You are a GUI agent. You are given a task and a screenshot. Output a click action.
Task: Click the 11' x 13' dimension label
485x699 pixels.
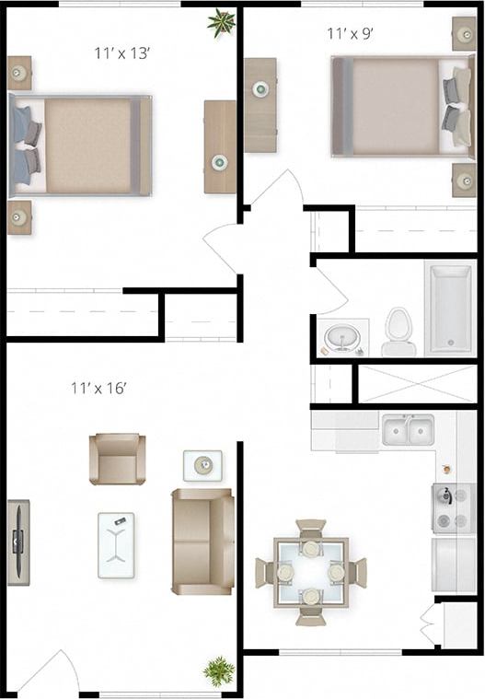[121, 52]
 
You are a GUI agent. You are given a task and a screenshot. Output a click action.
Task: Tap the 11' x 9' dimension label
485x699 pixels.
[350, 34]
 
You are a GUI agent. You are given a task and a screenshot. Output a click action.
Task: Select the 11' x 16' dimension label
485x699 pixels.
[98, 388]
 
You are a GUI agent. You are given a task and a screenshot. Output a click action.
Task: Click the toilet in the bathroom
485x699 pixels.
[398, 332]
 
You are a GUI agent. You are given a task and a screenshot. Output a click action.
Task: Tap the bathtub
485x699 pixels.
[448, 309]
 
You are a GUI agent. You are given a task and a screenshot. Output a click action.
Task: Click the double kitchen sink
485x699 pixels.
[408, 429]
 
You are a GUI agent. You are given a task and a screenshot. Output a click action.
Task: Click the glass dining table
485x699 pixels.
[310, 572]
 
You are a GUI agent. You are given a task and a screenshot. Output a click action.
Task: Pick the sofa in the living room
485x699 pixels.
[202, 541]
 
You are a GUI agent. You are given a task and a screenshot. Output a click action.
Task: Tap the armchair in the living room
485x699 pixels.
[118, 458]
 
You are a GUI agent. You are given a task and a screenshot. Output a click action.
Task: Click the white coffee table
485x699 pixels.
[116, 544]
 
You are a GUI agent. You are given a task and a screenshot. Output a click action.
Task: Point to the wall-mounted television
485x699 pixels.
[17, 542]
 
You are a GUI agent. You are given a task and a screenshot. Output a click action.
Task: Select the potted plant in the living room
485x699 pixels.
[219, 670]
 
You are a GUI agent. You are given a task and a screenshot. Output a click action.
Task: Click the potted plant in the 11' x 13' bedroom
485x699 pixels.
[221, 22]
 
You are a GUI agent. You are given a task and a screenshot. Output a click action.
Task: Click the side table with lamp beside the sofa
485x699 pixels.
[202, 465]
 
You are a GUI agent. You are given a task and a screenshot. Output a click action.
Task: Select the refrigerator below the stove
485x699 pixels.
[454, 564]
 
